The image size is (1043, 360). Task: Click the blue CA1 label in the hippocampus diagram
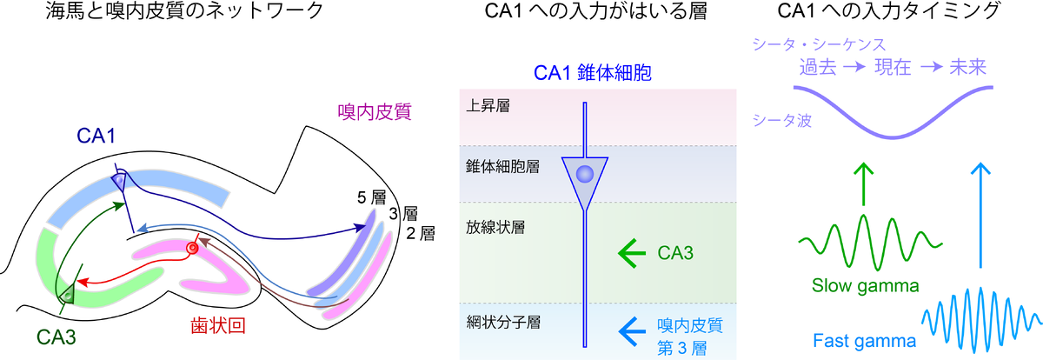click(x=96, y=137)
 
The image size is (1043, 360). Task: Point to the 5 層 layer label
click(x=371, y=197)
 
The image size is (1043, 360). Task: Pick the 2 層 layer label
click(x=421, y=232)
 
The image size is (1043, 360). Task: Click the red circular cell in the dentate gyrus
click(x=193, y=249)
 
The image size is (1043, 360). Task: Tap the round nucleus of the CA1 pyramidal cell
click(x=585, y=174)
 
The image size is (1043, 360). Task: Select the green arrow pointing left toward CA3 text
click(x=634, y=253)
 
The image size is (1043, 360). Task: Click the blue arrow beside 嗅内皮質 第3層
click(x=634, y=330)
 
